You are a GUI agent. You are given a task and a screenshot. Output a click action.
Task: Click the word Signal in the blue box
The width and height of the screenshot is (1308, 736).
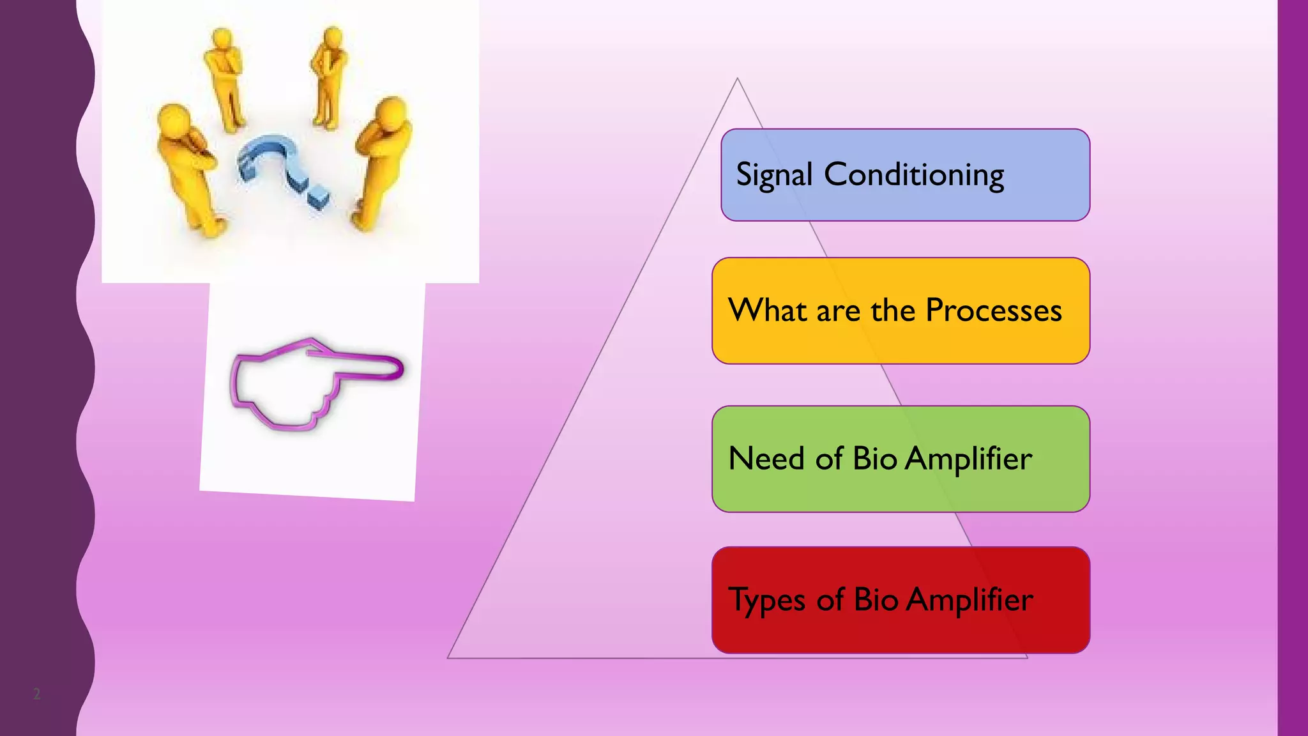tap(773, 175)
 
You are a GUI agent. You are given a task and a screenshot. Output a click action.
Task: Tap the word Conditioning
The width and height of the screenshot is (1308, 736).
tap(914, 174)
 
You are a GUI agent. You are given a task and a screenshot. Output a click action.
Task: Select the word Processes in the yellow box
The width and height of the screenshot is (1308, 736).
tap(993, 310)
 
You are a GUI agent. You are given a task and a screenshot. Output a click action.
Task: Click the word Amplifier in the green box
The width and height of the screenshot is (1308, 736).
tap(968, 459)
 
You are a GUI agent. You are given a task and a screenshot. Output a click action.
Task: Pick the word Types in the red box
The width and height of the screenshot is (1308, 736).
tap(767, 601)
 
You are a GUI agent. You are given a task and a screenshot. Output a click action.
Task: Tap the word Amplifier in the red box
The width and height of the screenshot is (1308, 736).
tap(969, 600)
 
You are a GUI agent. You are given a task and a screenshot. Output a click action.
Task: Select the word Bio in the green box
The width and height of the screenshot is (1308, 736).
tap(875, 459)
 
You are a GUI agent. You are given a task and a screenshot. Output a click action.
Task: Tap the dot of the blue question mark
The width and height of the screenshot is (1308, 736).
tap(317, 197)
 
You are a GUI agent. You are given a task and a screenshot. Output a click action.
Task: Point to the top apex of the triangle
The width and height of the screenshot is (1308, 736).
tap(738, 79)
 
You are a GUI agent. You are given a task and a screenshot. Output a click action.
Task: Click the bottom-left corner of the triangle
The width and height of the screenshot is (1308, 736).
tap(449, 657)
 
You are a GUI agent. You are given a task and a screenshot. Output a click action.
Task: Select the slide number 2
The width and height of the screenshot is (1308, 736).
tap(36, 694)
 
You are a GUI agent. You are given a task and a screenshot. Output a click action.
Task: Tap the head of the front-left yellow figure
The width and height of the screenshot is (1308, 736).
tap(174, 119)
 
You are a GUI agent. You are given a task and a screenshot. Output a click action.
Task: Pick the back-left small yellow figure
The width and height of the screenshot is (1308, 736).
tap(224, 77)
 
